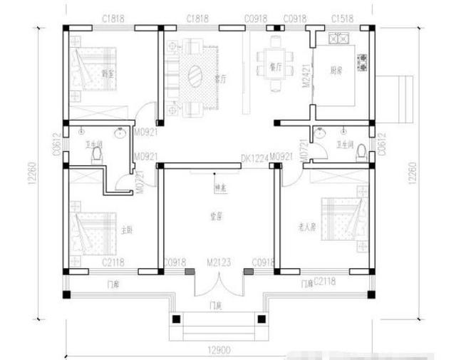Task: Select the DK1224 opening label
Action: [254, 158]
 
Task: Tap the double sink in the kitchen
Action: [337, 37]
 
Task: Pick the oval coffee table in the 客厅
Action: [195, 73]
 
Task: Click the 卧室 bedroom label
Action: [109, 73]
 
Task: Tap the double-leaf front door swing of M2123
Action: [217, 285]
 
